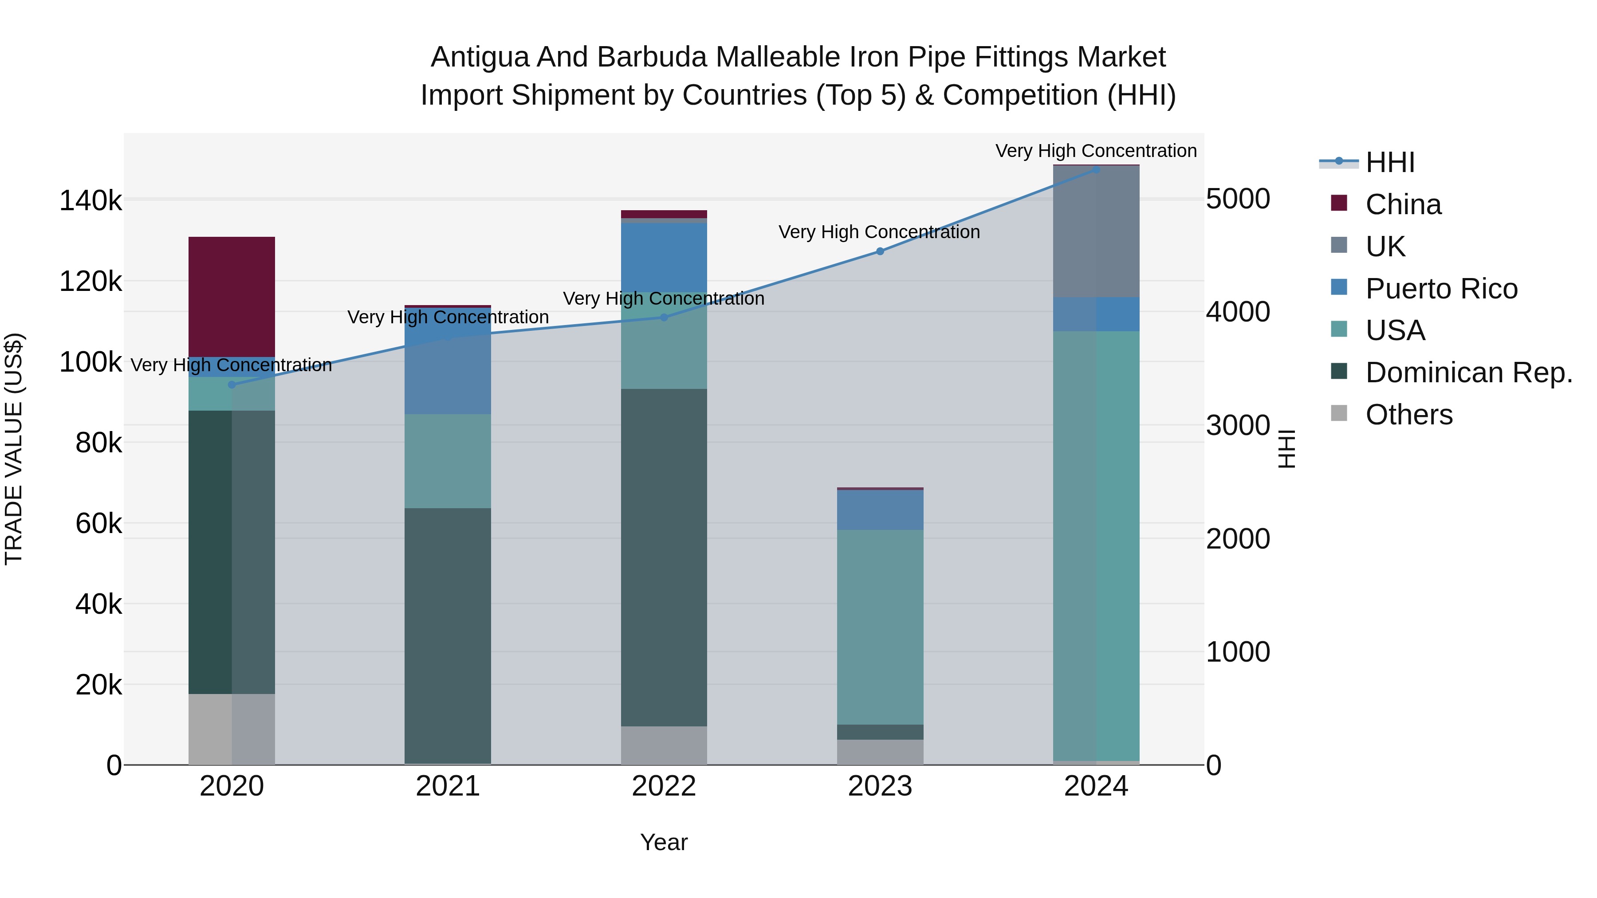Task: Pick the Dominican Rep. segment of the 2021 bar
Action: (448, 635)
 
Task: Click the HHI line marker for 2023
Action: (880, 251)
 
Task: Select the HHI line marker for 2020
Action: (232, 385)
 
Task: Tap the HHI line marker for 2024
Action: (1095, 169)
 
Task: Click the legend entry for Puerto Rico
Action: (1441, 289)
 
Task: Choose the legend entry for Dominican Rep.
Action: (1468, 373)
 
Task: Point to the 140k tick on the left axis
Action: (90, 201)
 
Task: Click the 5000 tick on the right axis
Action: (1237, 200)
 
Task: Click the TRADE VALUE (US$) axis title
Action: (14, 449)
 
